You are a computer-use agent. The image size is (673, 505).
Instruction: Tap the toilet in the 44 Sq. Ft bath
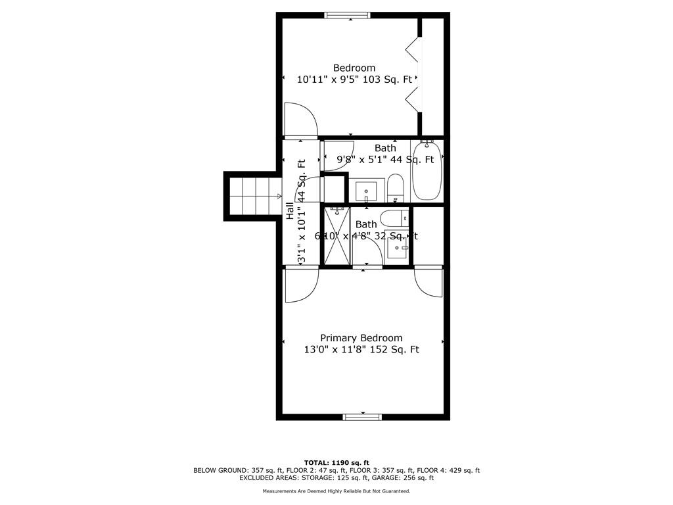395,187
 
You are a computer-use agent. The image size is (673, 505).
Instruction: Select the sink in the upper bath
366,191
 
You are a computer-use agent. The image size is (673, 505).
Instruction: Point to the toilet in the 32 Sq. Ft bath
394,218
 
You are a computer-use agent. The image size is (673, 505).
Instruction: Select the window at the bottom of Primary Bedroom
362,416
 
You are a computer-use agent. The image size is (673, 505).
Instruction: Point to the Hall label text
290,210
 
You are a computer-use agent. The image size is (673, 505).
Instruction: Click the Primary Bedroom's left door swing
300,284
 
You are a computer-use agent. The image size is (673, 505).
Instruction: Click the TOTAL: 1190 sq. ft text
336,462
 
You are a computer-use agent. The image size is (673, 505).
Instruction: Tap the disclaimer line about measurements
336,491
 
